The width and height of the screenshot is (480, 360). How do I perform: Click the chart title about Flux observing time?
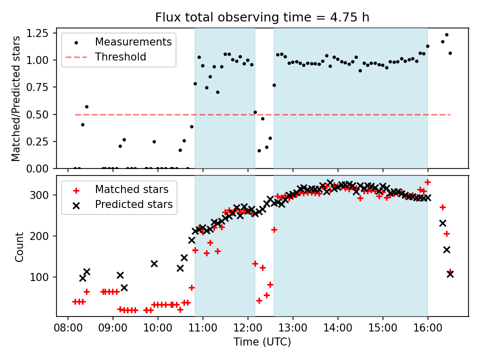tap(262, 18)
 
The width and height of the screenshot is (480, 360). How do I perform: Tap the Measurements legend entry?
tap(133, 41)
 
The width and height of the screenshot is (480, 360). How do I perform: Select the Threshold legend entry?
tap(120, 57)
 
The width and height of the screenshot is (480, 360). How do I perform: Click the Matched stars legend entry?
tap(131, 189)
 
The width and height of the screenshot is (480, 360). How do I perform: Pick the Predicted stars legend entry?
tap(134, 204)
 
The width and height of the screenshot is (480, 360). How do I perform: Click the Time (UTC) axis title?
tap(262, 342)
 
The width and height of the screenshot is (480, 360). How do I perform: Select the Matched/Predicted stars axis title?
tap(16, 98)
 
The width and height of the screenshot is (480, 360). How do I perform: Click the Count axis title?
tap(19, 247)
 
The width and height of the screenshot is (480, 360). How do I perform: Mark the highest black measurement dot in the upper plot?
tap(446, 35)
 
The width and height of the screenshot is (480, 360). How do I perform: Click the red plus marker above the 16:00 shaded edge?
tap(427, 182)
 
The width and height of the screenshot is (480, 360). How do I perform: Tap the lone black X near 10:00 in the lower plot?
tap(154, 263)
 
